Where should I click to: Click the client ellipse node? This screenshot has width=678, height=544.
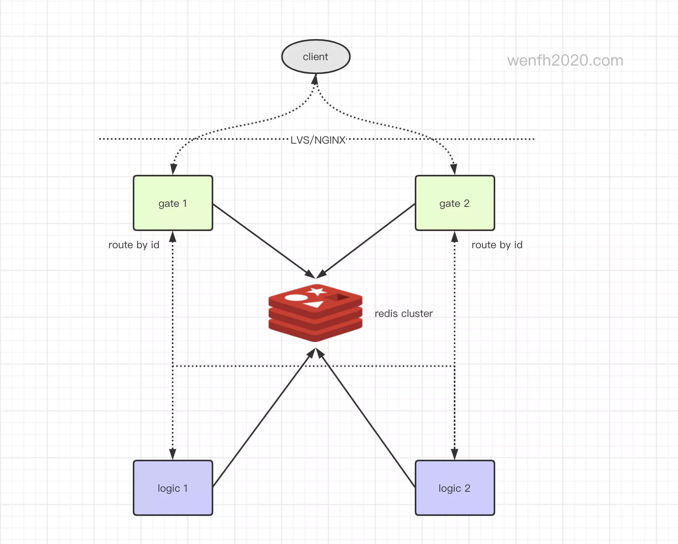tap(316, 57)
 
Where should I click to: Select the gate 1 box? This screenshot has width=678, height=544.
tap(173, 203)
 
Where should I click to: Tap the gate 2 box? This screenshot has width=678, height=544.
tap(455, 203)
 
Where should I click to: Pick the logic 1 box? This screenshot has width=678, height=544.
tap(173, 488)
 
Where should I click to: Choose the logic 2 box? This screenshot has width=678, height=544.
tap(455, 488)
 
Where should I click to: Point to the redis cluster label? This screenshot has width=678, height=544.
tap(403, 313)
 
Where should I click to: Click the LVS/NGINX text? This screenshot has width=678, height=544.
tap(318, 140)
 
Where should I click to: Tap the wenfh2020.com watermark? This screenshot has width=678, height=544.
tap(565, 60)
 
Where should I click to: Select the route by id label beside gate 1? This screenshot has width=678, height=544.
tap(134, 245)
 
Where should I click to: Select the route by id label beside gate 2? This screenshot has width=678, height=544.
tap(497, 245)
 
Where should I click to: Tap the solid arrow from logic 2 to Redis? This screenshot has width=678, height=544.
tap(367, 418)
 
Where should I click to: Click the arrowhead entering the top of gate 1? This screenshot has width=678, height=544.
tap(174, 169)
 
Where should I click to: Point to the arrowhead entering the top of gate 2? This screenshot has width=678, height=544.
tap(453, 169)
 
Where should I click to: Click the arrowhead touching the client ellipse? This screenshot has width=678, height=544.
tap(315, 79)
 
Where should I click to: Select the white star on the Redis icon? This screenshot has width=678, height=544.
tap(316, 291)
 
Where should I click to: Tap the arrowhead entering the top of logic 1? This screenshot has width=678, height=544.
tap(173, 454)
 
